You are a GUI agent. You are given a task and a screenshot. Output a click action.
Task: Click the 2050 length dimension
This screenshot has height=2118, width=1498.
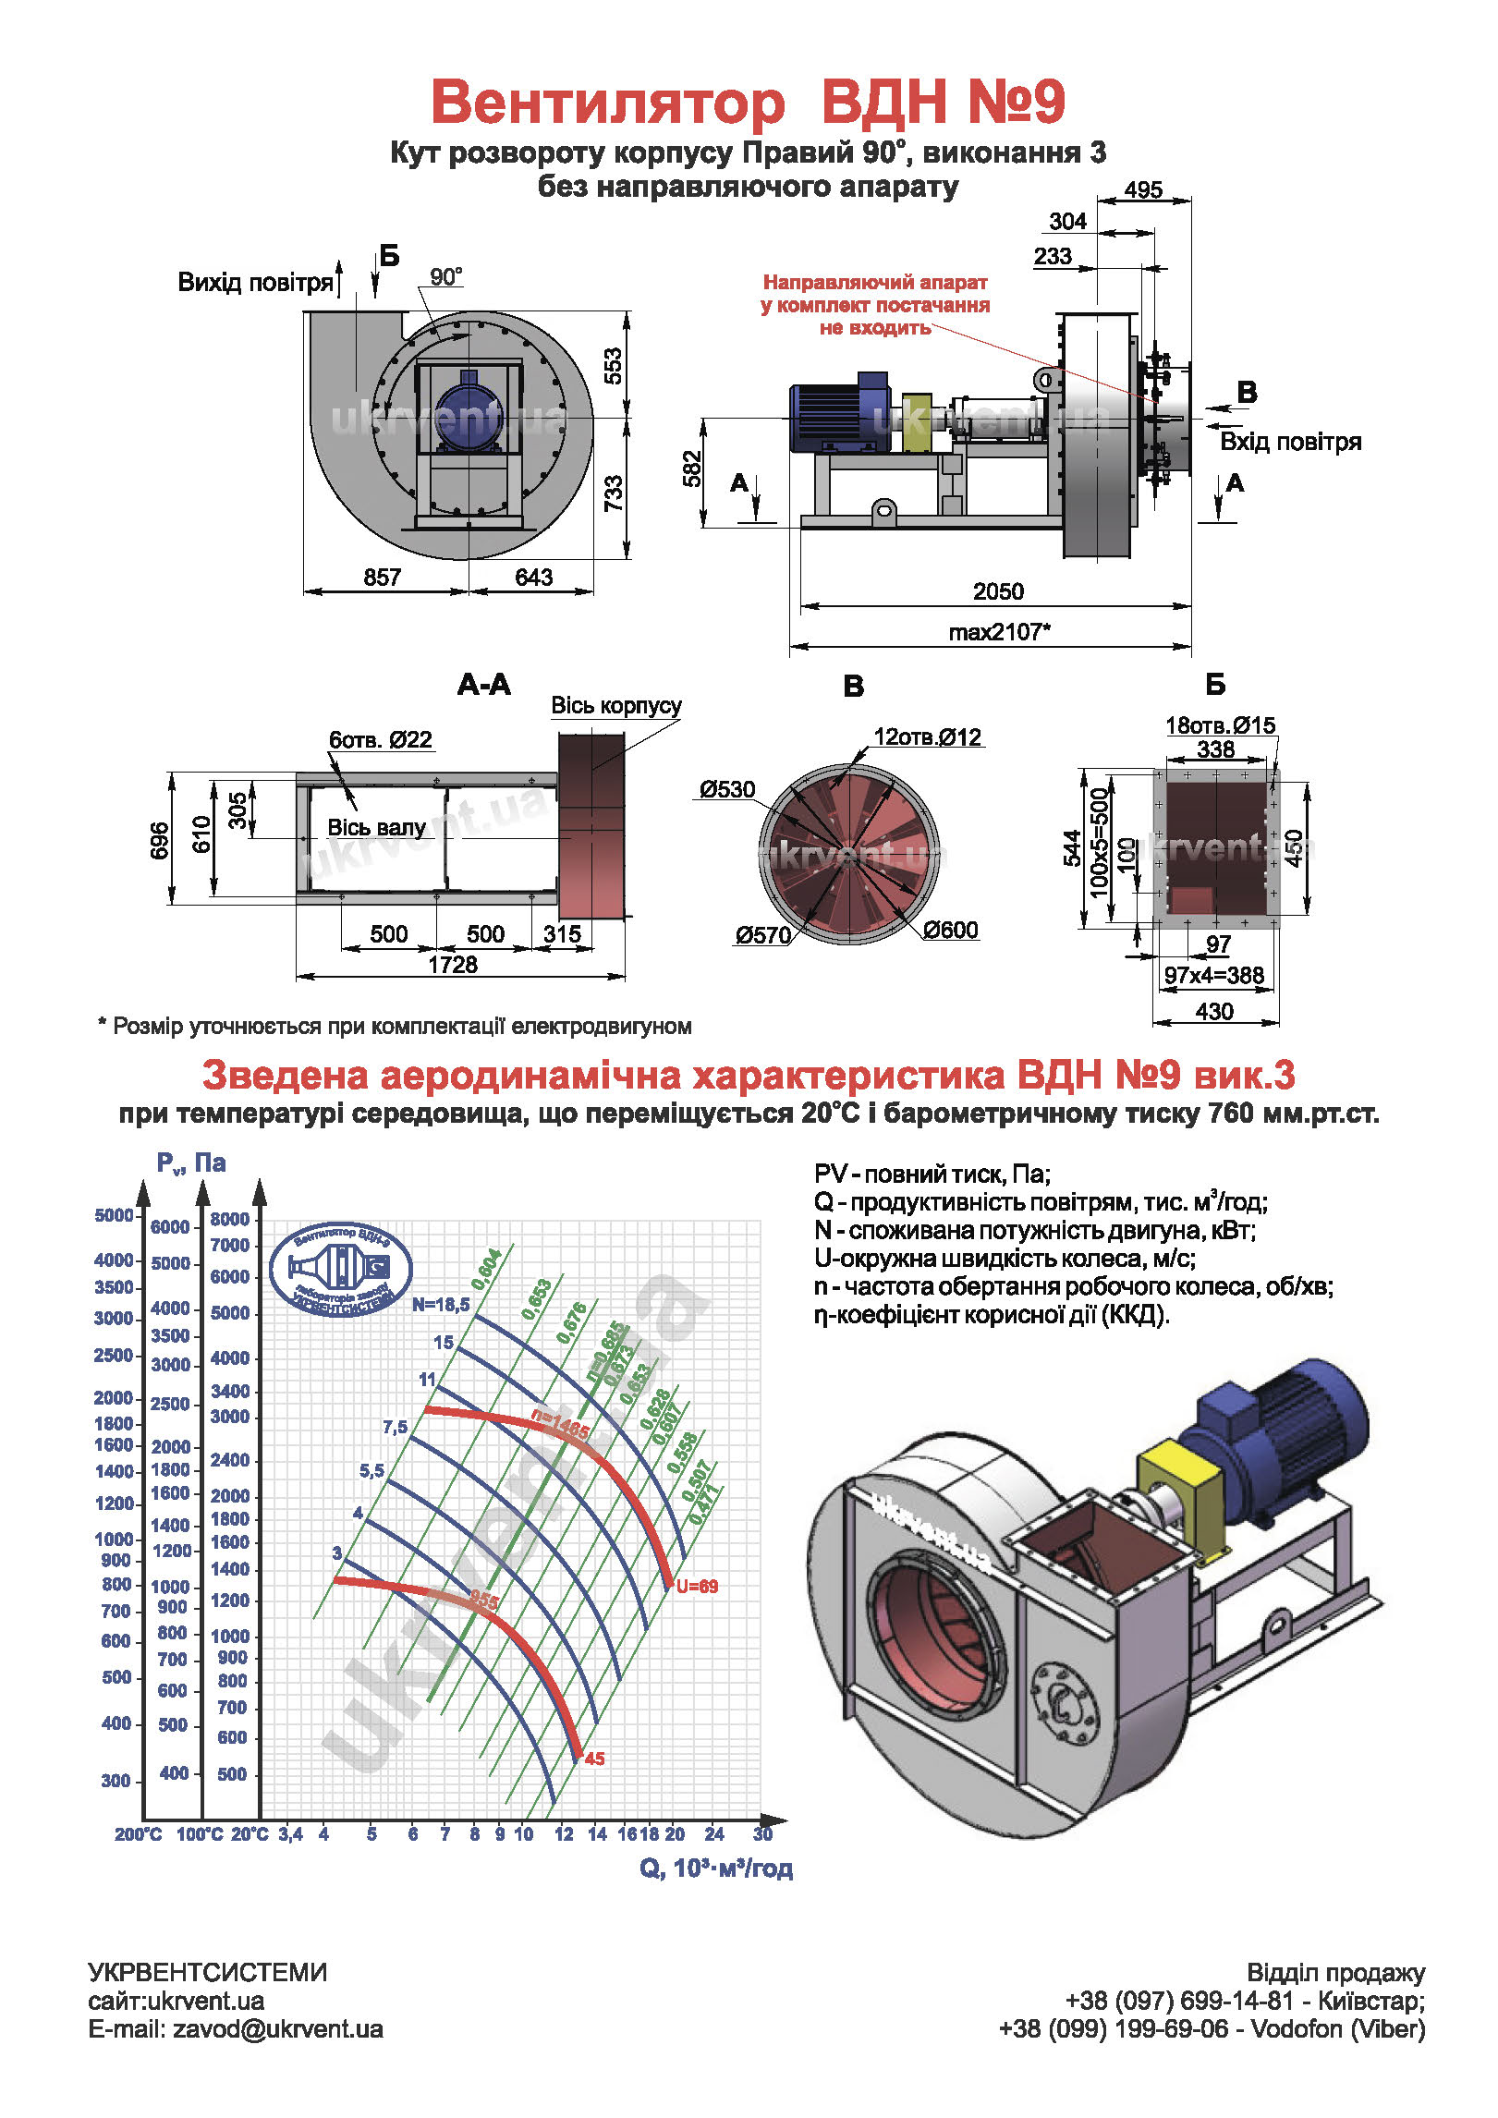pyautogui.click(x=998, y=591)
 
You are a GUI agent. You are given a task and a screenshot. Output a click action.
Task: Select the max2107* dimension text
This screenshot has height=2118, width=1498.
pyautogui.click(x=999, y=632)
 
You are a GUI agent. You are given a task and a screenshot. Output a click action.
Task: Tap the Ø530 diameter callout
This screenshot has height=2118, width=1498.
pyautogui.click(x=727, y=790)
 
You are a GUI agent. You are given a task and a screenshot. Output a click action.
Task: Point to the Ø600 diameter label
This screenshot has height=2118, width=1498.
pyautogui.click(x=950, y=931)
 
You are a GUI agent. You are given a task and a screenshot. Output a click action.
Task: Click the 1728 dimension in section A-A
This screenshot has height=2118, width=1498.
pyautogui.click(x=453, y=965)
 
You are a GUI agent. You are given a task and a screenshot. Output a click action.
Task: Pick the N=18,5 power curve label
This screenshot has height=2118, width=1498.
pyautogui.click(x=441, y=1305)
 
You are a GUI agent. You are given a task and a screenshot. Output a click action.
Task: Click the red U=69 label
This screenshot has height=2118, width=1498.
pyautogui.click(x=697, y=1587)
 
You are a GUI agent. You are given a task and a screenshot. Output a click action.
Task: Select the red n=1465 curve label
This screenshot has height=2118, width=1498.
pyautogui.click(x=560, y=1424)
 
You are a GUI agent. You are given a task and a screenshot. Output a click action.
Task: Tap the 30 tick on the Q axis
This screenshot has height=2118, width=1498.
pyautogui.click(x=762, y=1834)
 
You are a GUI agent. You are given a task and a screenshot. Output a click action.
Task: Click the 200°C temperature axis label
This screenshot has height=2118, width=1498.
pyautogui.click(x=139, y=1834)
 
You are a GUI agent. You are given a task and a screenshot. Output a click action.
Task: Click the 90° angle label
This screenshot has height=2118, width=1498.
pyautogui.click(x=446, y=277)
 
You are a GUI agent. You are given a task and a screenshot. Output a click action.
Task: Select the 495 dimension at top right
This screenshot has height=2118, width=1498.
pyautogui.click(x=1143, y=190)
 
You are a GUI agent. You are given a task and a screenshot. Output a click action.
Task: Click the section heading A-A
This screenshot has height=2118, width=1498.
pyautogui.click(x=483, y=685)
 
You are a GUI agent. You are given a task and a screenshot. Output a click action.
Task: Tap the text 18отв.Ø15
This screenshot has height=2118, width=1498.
pyautogui.click(x=1220, y=725)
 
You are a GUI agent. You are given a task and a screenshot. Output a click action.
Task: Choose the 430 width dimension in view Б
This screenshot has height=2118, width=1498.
pyautogui.click(x=1214, y=1012)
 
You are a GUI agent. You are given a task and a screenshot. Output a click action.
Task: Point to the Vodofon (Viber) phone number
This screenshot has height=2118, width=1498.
pyautogui.click(x=1212, y=2029)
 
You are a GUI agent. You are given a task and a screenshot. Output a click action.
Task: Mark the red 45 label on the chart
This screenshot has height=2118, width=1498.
pyautogui.click(x=594, y=1759)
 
